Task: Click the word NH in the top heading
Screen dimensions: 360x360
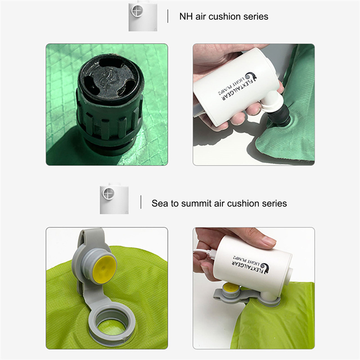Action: pos(186,17)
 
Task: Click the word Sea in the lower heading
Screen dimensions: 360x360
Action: pos(160,203)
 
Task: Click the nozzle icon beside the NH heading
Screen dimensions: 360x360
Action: pos(143,16)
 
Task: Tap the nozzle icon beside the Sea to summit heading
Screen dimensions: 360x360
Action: pos(114,199)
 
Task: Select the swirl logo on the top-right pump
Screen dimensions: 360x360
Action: pos(251,76)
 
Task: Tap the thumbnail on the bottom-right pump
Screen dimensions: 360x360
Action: pos(269,241)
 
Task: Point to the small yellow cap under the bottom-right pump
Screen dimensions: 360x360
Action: pos(231,287)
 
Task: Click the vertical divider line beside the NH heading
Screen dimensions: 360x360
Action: pos(168,16)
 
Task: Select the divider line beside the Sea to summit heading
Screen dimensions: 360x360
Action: pos(141,202)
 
